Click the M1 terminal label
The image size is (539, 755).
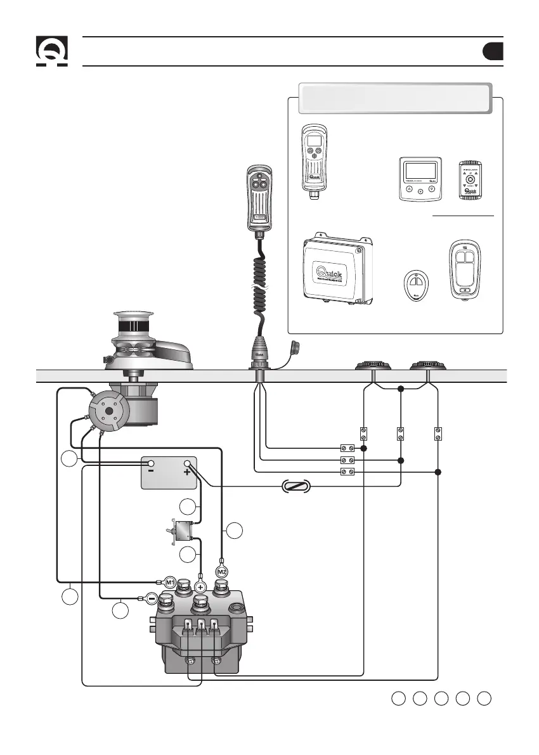tap(169, 581)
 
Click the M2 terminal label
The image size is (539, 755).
tap(221, 572)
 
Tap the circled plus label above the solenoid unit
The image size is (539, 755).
tap(201, 588)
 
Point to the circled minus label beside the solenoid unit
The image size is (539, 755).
tap(152, 598)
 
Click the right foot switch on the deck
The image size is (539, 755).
tap(427, 366)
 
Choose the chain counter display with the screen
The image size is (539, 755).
tap(419, 179)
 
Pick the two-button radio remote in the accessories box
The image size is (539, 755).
tap(464, 269)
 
